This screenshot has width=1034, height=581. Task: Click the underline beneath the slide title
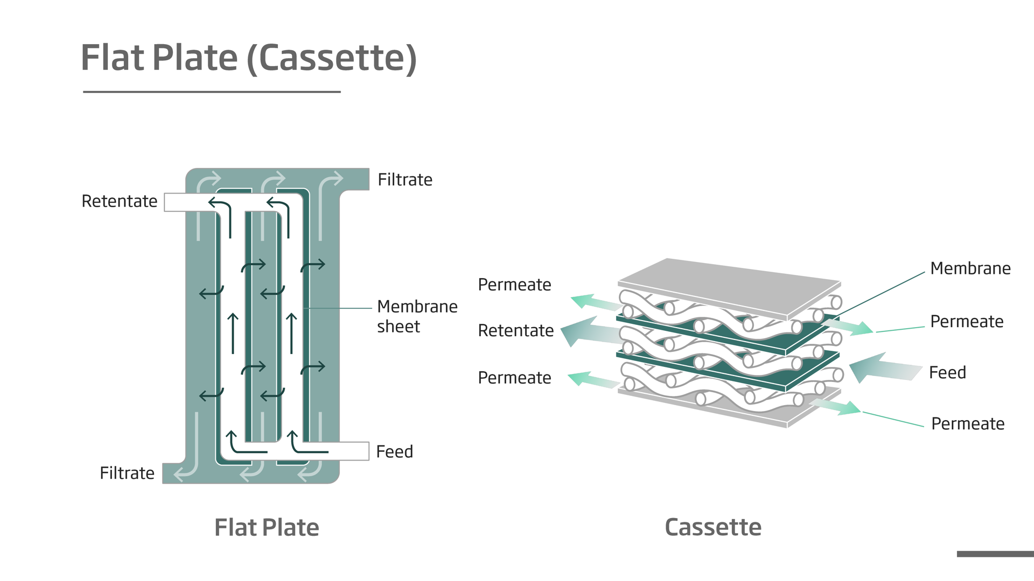pos(212,92)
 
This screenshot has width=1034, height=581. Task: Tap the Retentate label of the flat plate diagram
pos(120,201)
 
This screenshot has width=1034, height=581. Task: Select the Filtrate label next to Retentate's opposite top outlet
pos(405,180)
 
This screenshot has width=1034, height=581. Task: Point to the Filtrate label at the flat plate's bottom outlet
pos(127,473)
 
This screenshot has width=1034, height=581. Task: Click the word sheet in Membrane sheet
pos(399,327)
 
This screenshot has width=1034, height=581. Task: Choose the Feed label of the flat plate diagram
pos(394,452)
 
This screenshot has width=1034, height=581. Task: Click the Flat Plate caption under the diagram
pos(267,528)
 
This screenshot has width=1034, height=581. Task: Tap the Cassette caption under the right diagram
pos(713,527)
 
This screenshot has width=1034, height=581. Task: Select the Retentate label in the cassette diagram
pos(515,330)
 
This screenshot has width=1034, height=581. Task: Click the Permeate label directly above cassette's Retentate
pos(514,285)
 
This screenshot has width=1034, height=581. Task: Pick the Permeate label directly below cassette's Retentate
pos(514,378)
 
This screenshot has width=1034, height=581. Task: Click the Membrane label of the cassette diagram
pos(970,268)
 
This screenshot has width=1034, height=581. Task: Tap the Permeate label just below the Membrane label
pos(967,322)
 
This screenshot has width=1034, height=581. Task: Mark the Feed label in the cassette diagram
pos(947,373)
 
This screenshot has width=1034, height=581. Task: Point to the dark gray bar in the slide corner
pos(995,554)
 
